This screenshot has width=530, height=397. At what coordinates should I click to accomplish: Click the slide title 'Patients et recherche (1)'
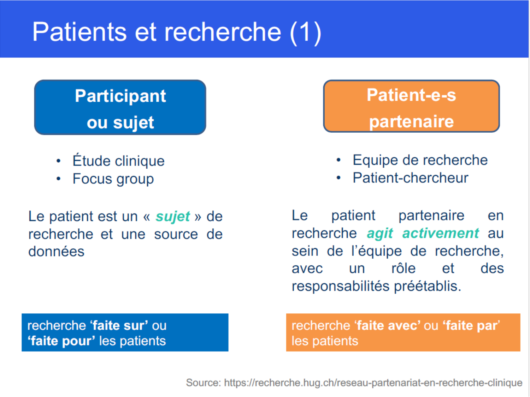tap(177, 32)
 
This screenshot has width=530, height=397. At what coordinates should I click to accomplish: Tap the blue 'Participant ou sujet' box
tap(120, 107)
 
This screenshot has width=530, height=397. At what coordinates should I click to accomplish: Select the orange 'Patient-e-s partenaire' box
tap(411, 106)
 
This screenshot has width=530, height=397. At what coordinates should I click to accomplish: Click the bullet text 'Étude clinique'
tap(119, 161)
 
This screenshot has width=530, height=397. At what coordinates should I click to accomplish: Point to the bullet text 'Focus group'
tap(113, 179)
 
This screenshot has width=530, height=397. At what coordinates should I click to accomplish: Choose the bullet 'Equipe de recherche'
tap(420, 160)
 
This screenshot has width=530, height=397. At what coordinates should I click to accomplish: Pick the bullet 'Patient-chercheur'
tap(411, 178)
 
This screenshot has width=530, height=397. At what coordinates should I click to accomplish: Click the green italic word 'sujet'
tap(173, 216)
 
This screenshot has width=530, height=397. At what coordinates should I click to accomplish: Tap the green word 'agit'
tap(380, 233)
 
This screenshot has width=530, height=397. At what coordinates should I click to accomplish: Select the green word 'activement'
tap(441, 233)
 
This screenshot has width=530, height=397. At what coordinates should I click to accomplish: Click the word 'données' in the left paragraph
tap(56, 251)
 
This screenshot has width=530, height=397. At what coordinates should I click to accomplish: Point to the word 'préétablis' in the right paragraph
tap(428, 286)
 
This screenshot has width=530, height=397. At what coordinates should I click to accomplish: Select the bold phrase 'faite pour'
tap(63, 341)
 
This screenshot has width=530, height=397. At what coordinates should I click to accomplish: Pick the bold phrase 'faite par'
tap(472, 325)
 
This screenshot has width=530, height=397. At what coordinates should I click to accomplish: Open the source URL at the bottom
tap(373, 383)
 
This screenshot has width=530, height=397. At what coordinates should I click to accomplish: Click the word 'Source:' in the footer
tap(203, 383)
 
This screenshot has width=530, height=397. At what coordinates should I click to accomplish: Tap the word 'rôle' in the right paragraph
tap(404, 268)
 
